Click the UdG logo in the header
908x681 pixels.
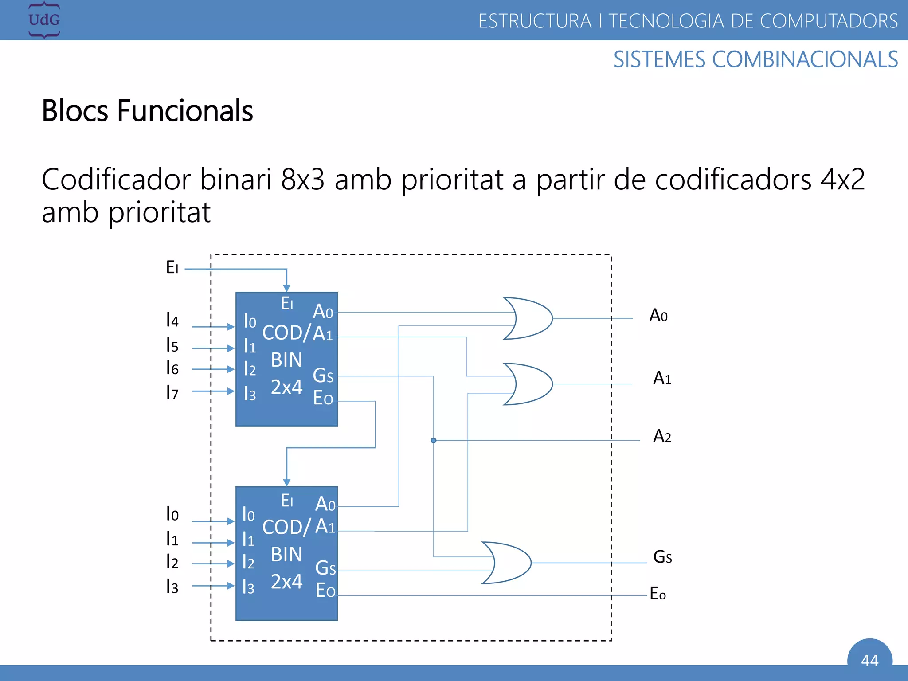pos(44,20)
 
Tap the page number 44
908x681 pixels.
pos(869,661)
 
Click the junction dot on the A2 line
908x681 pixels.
pos(434,440)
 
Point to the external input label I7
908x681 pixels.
pos(172,392)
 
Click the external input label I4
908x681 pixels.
pos(172,320)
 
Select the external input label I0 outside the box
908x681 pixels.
pos(172,514)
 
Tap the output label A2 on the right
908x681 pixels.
pos(662,436)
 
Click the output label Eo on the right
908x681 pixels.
pos(658,594)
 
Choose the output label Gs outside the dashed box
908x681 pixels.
pos(662,557)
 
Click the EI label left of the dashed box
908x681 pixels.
pos(172,267)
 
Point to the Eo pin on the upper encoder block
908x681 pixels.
pos(323,398)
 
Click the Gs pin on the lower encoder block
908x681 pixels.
pos(325,568)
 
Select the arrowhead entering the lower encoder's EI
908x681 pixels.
pos(287,482)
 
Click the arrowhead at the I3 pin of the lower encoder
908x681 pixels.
pos(231,586)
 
